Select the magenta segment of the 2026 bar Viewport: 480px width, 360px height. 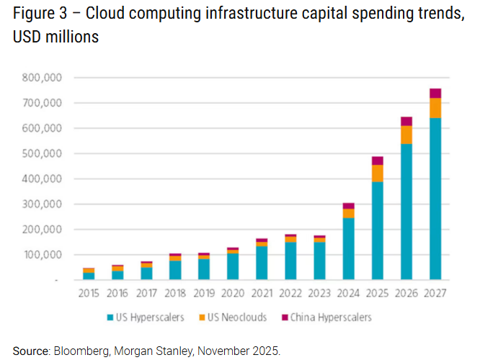406,121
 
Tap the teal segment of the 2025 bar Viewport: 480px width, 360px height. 378,230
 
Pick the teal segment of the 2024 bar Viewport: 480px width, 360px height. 348,248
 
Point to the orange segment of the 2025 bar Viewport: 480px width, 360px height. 378,174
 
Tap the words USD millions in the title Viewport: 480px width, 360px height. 55,37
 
